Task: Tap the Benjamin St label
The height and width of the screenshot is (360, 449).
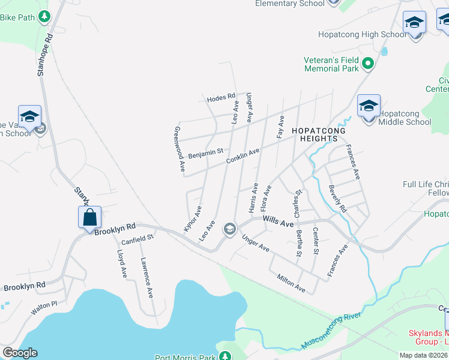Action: (205, 154)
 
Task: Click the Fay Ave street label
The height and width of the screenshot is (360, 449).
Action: (280, 127)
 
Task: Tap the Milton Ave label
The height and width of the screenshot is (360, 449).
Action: (291, 284)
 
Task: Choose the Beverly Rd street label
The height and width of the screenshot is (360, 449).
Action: (338, 199)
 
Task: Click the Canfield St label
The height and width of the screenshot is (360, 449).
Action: (138, 239)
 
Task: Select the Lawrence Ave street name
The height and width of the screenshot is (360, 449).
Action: (147, 278)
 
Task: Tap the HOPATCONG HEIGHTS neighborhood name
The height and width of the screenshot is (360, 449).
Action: (315, 134)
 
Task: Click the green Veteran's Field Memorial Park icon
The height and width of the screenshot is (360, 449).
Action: (369, 63)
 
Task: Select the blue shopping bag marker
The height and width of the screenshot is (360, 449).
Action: (89, 217)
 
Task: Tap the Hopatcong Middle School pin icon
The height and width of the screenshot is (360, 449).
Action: (369, 107)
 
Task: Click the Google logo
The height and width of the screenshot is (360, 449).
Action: (20, 352)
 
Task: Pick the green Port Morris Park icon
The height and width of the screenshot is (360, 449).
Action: (225, 355)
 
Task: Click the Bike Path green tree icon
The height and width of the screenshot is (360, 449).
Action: (44, 17)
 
